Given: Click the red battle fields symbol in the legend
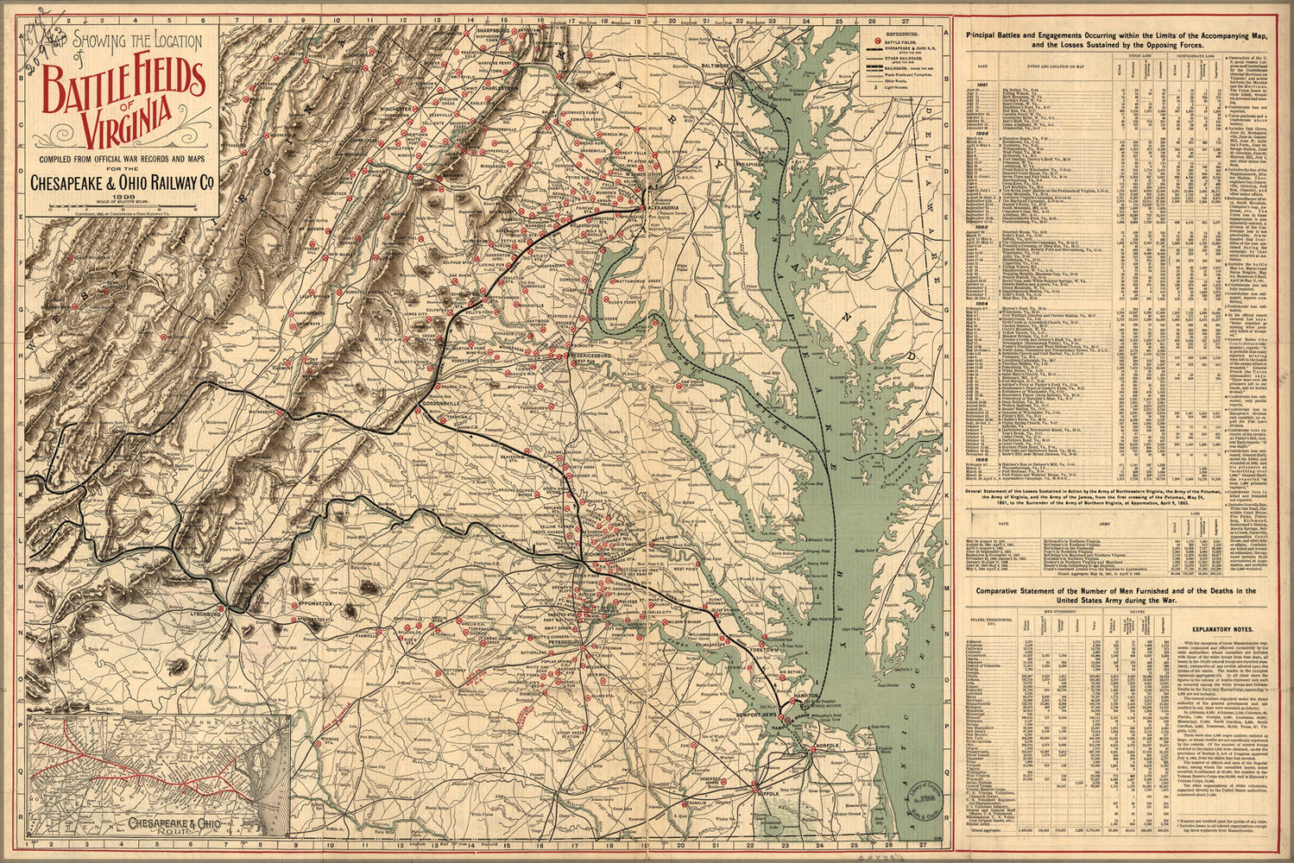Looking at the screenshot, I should pos(879,40).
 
